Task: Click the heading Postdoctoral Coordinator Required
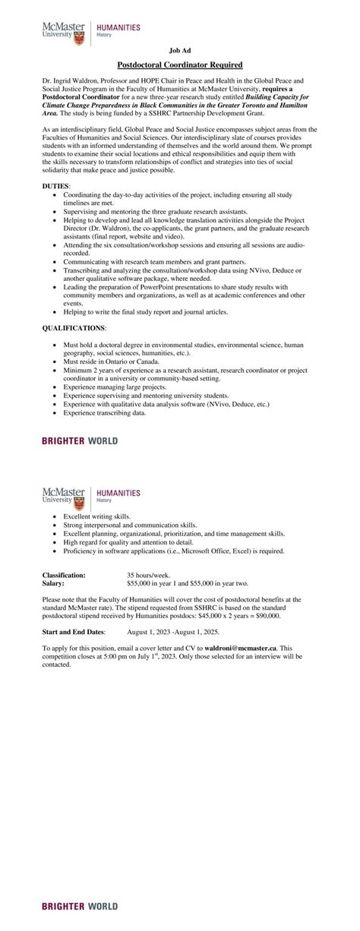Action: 180,65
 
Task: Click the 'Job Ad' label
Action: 180,49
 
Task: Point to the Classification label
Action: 64,576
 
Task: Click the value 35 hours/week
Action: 150,576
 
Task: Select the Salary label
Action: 53,583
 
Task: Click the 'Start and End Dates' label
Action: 74,631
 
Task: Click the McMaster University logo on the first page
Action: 64,30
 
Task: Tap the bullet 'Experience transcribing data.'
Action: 104,412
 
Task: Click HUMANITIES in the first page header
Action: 118,27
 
